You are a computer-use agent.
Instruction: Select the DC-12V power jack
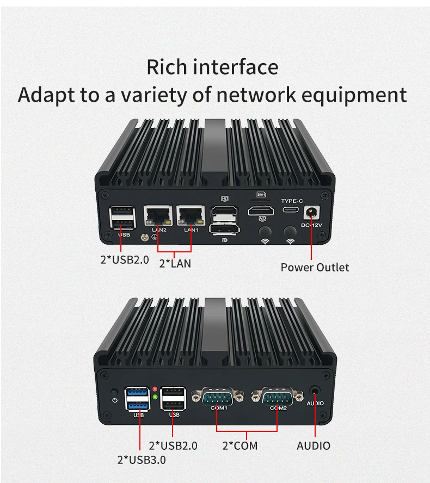[312, 212]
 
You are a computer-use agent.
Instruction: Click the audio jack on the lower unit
[315, 391]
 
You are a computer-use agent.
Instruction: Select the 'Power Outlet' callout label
[315, 267]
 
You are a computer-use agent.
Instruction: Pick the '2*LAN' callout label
[174, 264]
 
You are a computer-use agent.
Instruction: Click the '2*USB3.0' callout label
[142, 460]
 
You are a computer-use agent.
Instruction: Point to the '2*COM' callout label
[239, 446]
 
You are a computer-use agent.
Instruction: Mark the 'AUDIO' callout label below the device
[314, 446]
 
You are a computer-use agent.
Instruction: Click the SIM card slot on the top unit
[261, 194]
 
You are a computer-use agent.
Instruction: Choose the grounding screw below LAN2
[143, 237]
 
